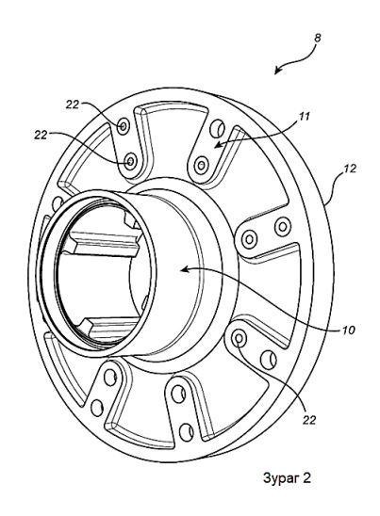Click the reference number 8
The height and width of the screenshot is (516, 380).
[x=317, y=39]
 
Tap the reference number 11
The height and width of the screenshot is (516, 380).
[x=305, y=117]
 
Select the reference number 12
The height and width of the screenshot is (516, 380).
[x=350, y=169]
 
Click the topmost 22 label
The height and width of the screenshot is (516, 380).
[x=73, y=105]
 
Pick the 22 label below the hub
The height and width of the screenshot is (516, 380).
[x=309, y=420]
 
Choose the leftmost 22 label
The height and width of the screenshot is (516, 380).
[x=41, y=135]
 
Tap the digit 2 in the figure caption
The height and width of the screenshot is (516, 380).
[x=306, y=477]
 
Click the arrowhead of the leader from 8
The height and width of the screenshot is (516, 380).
[x=277, y=71]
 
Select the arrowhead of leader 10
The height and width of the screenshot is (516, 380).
[x=184, y=270]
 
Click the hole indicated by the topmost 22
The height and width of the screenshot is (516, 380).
[x=124, y=125]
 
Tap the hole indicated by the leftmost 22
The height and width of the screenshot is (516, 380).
[x=131, y=161]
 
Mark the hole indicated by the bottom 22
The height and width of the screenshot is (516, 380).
[x=239, y=338]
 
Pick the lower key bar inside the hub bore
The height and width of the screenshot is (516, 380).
[x=109, y=329]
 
